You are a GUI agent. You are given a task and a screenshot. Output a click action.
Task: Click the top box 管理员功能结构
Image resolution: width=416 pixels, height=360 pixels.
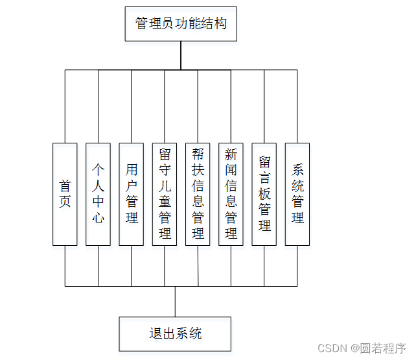181,24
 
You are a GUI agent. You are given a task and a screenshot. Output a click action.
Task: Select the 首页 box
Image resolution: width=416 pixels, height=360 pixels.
65,194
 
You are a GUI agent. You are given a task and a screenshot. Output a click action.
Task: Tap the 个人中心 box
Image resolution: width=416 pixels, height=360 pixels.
98,194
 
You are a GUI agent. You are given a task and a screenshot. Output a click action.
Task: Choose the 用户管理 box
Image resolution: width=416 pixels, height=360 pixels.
132,194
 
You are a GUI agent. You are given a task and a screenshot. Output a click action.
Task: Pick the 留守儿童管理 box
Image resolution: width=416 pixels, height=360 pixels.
165,194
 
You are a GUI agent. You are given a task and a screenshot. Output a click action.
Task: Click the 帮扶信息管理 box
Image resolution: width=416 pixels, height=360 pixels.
198,194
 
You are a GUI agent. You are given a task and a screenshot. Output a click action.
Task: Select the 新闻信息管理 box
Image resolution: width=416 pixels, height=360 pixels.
231,194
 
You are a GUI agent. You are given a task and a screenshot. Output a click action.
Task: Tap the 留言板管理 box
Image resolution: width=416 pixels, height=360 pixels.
264,194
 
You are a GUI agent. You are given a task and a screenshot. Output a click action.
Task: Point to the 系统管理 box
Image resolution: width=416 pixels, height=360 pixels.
297,194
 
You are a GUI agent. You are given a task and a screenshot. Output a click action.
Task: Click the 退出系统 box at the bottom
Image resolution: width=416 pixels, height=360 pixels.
175,334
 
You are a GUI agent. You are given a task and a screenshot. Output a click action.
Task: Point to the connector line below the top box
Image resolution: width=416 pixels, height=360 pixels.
181,56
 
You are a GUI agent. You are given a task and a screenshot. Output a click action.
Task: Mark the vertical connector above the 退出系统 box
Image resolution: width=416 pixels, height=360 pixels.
175,301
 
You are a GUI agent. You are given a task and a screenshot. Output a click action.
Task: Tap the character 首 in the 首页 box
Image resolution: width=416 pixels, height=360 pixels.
65,186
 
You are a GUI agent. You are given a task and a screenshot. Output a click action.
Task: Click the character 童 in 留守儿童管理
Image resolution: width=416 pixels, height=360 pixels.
165,201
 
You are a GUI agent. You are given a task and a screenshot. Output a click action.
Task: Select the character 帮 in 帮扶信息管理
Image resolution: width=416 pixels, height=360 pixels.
198,154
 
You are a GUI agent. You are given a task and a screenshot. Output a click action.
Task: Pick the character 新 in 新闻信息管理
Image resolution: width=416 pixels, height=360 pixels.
231,154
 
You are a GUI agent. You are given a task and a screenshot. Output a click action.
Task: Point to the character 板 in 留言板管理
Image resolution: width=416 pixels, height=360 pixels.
264,193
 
